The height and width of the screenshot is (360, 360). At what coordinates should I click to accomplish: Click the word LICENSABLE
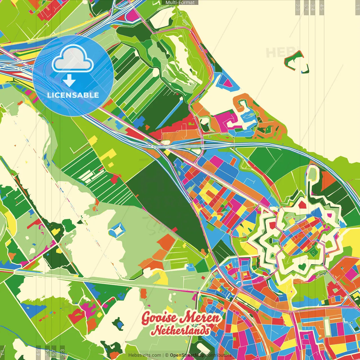pos(73,95)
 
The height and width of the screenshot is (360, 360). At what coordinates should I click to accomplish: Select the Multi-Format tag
pos(180,3)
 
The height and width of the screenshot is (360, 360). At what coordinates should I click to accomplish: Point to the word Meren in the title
pos(200,318)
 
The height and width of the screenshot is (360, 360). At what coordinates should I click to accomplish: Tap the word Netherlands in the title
pos(181,330)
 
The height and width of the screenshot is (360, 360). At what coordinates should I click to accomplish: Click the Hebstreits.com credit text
pos(145,355)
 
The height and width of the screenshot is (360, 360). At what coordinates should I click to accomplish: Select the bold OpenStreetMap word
pos(187,355)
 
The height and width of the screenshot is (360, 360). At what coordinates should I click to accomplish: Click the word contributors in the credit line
pos(219,355)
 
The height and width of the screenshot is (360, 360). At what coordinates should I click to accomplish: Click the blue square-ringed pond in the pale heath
pos(117,230)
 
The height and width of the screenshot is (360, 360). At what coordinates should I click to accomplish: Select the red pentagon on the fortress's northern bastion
pos(302,204)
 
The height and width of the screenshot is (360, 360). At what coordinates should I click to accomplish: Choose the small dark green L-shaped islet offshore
pos(306,69)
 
